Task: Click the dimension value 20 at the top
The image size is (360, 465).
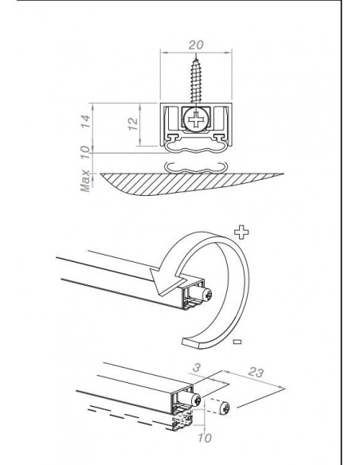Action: pyautogui.click(x=196, y=45)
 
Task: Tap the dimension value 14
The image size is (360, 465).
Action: pyautogui.click(x=85, y=121)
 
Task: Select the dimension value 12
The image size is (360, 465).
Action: pyautogui.click(x=133, y=124)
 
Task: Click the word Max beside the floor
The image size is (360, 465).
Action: pyautogui.click(x=85, y=181)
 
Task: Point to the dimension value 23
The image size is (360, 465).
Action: pyautogui.click(x=256, y=372)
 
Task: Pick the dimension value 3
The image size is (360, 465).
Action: pyautogui.click(x=196, y=368)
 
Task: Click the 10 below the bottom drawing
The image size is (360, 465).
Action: pyautogui.click(x=205, y=438)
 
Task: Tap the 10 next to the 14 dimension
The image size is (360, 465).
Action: pyautogui.click(x=85, y=152)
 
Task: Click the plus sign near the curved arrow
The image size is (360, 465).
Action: pyautogui.click(x=241, y=232)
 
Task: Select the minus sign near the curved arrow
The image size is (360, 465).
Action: pyautogui.click(x=237, y=342)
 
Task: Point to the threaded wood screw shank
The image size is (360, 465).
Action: pyautogui.click(x=196, y=80)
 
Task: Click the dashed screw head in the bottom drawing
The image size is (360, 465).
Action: pyautogui.click(x=225, y=407)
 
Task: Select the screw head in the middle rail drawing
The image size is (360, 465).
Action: pyautogui.click(x=207, y=294)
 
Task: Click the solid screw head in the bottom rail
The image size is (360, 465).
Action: pyautogui.click(x=196, y=401)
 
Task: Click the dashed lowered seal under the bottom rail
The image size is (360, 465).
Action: pyautogui.click(x=182, y=420)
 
